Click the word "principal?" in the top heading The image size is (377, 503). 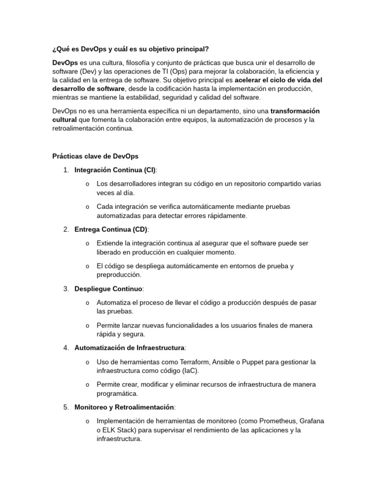coord(192,50)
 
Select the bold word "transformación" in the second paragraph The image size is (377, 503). coord(295,111)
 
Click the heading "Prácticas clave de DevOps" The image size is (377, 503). coord(95,156)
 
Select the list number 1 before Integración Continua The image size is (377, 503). coord(66,170)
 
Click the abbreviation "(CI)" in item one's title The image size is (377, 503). coord(149,170)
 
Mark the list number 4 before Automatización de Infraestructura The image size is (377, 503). coord(66,348)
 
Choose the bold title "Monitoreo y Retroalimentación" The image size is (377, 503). coord(124,407)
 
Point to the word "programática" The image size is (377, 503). coord(117,393)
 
